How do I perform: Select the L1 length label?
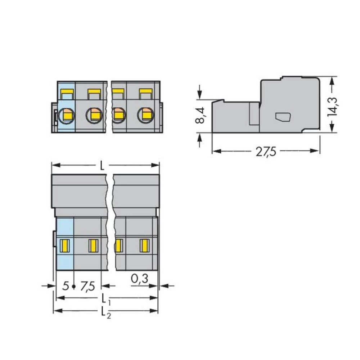[104, 299]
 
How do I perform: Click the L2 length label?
[104, 312]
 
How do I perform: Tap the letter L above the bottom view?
[102, 166]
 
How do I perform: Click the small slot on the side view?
[283, 117]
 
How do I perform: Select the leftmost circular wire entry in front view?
[67, 115]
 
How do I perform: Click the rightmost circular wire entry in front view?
[145, 115]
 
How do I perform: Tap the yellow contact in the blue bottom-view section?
[64, 246]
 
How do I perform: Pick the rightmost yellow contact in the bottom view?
[144, 246]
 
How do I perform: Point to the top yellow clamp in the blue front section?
[66, 94]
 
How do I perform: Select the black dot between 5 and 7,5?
[73, 287]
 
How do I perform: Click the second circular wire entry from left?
[94, 115]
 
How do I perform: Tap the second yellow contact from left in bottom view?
[93, 246]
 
